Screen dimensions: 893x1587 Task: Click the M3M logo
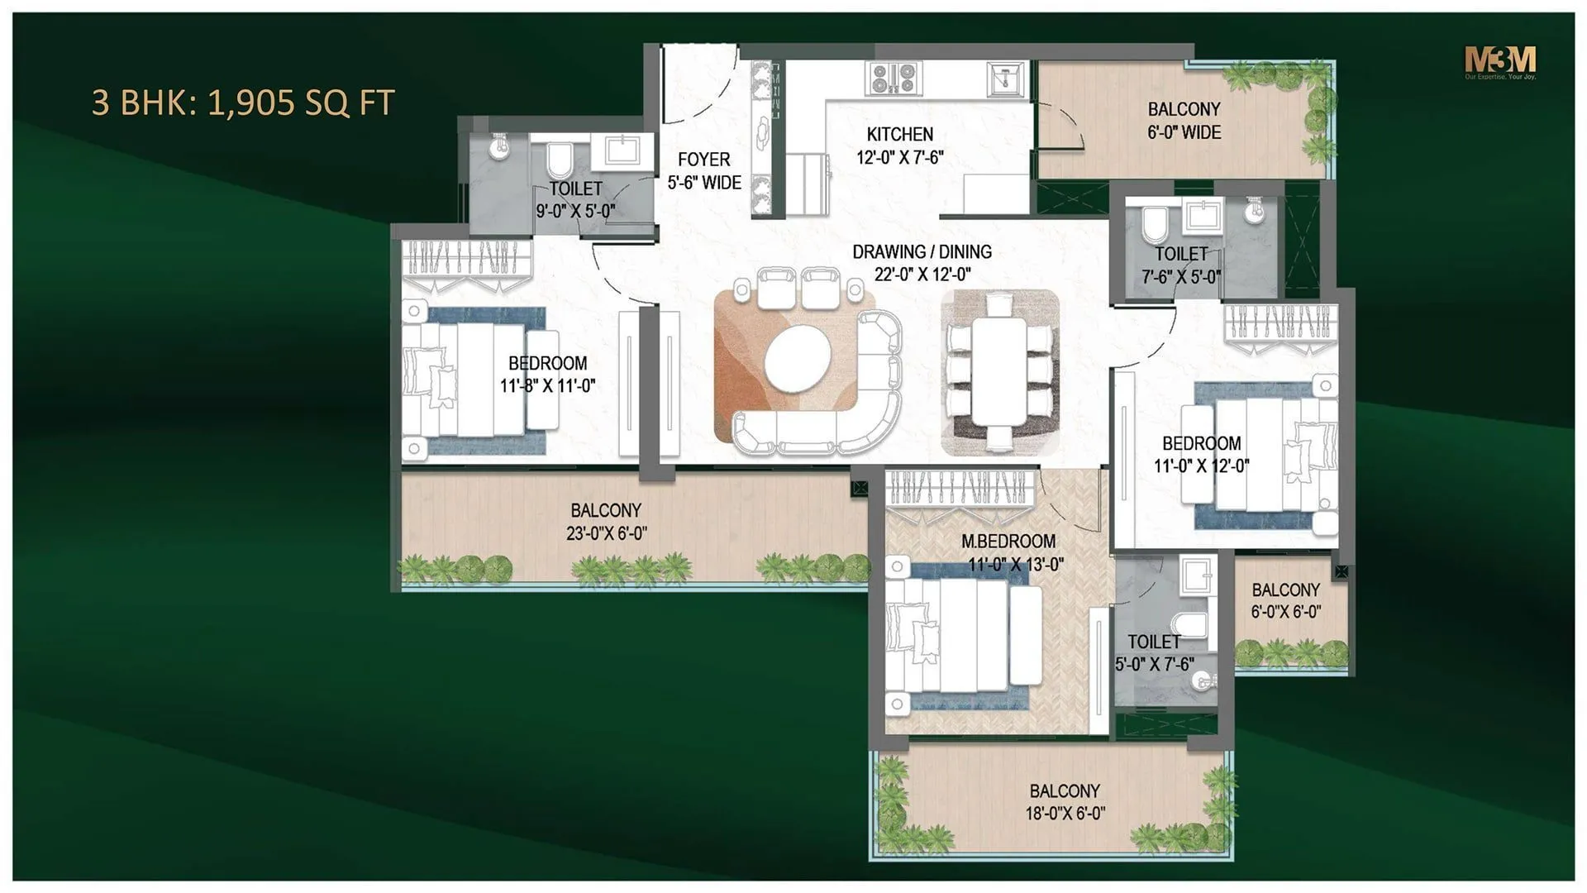point(1500,61)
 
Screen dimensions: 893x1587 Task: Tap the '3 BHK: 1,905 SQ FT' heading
point(243,103)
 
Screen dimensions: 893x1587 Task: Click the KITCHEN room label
point(899,134)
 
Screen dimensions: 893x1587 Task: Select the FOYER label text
point(703,160)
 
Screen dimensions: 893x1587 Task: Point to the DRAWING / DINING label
point(922,251)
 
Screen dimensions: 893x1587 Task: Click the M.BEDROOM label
point(1008,542)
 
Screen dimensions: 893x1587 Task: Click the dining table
point(998,372)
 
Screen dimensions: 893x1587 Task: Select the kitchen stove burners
point(894,79)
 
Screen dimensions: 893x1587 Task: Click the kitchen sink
point(1005,79)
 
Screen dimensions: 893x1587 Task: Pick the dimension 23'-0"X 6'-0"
point(606,534)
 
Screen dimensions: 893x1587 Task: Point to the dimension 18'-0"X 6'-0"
point(1065,814)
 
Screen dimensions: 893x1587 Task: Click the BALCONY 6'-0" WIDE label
point(1184,121)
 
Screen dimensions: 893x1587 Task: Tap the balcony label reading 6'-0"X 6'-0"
point(1285,612)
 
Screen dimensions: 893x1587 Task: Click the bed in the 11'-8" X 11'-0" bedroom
point(471,380)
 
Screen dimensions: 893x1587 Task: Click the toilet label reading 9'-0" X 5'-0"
point(575,212)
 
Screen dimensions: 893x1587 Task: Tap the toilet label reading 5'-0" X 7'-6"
point(1154,664)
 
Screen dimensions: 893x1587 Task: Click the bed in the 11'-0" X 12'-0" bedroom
point(1256,455)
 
